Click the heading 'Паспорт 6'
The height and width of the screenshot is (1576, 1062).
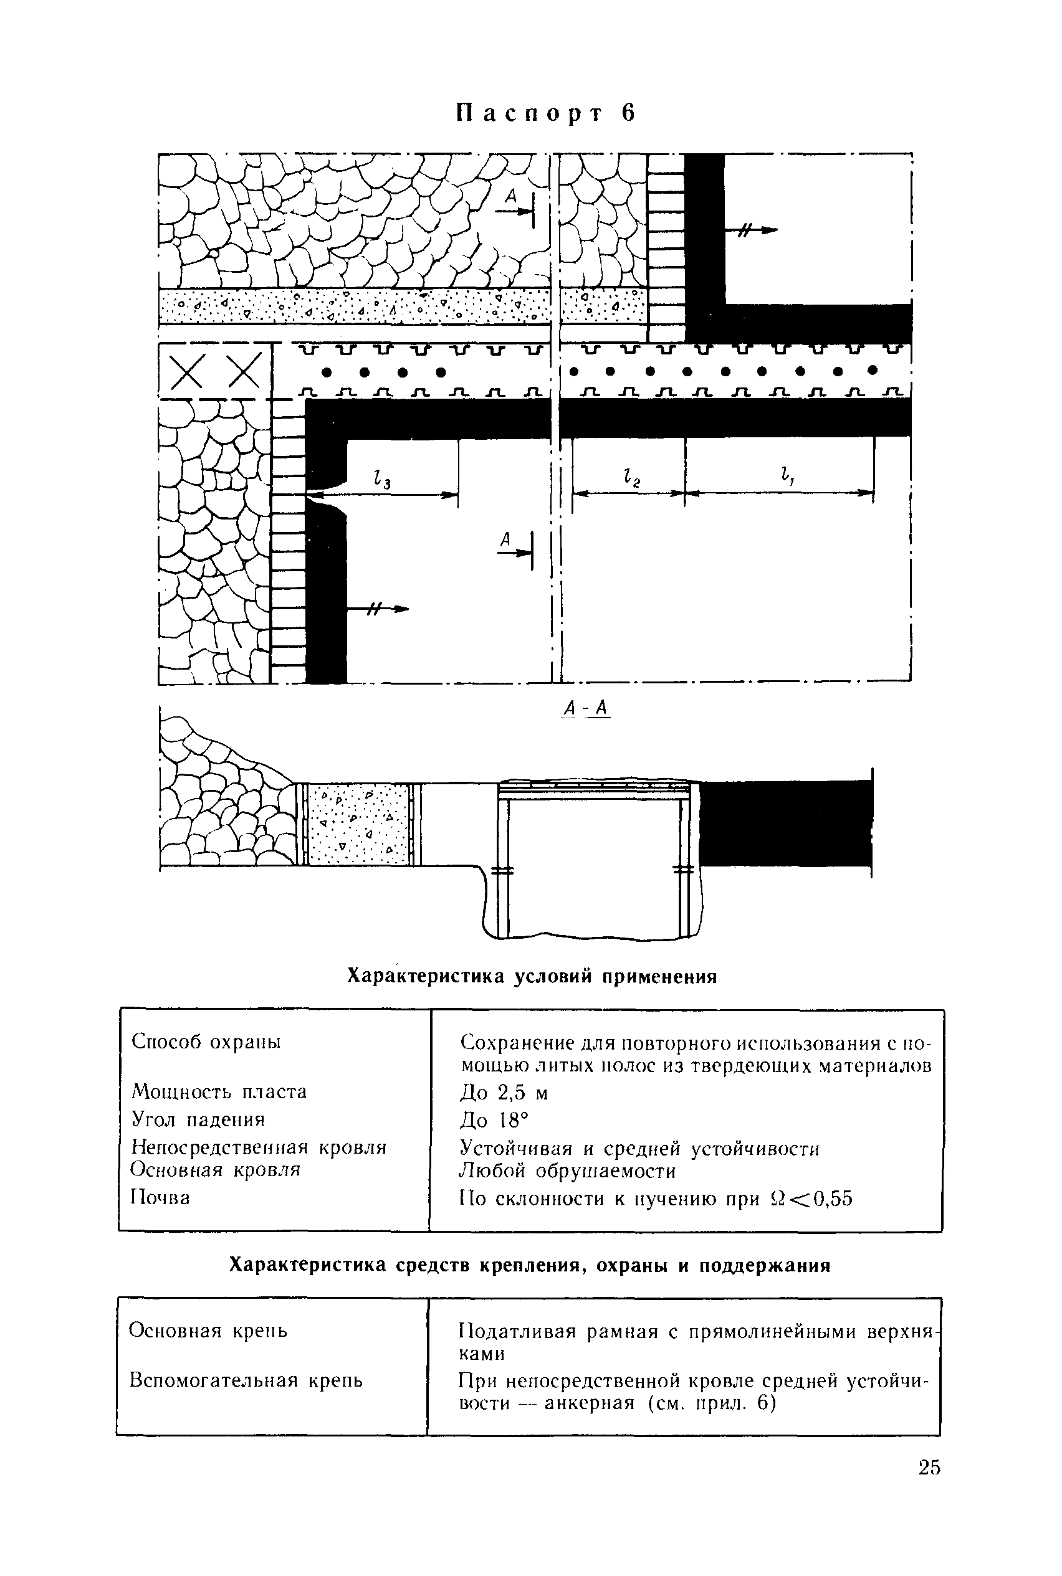pyautogui.click(x=546, y=113)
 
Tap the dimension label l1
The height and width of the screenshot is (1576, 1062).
pyautogui.click(x=787, y=476)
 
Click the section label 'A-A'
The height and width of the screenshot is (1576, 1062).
pyautogui.click(x=587, y=708)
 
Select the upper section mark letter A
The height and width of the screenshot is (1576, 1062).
pyautogui.click(x=511, y=196)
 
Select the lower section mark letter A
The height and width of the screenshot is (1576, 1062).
pyautogui.click(x=505, y=539)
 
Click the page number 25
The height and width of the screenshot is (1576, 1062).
pyautogui.click(x=929, y=1467)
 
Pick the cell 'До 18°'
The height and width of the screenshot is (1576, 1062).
pyautogui.click(x=493, y=1121)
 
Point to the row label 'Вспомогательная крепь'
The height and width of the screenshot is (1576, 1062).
pyautogui.click(x=246, y=1380)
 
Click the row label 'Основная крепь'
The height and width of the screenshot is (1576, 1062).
pyautogui.click(x=208, y=1331)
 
